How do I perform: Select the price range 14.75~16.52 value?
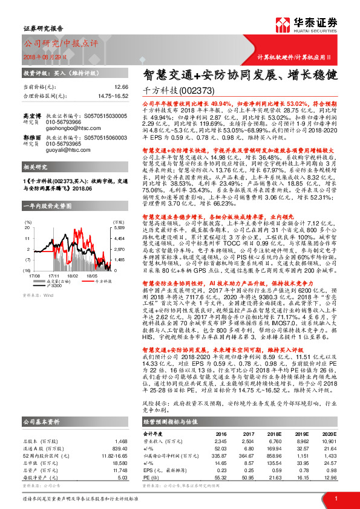tap(113, 96)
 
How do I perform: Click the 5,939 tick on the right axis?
tap(119, 212)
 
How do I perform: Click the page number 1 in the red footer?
tap(335, 498)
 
